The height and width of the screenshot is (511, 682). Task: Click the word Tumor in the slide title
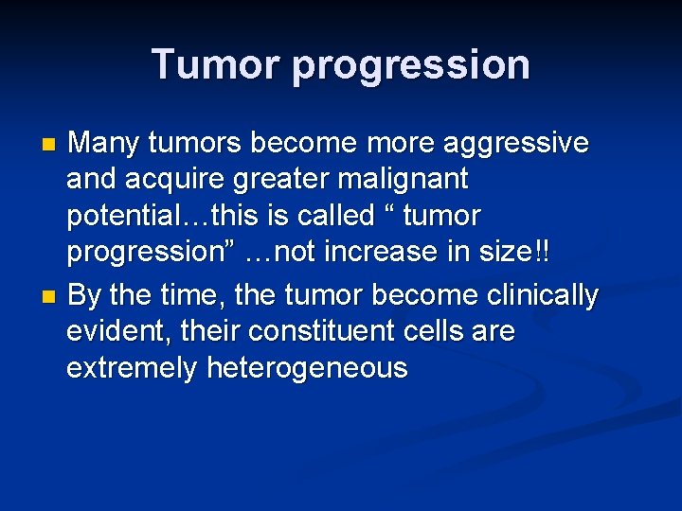(215, 64)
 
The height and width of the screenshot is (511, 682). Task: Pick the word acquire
(171, 179)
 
